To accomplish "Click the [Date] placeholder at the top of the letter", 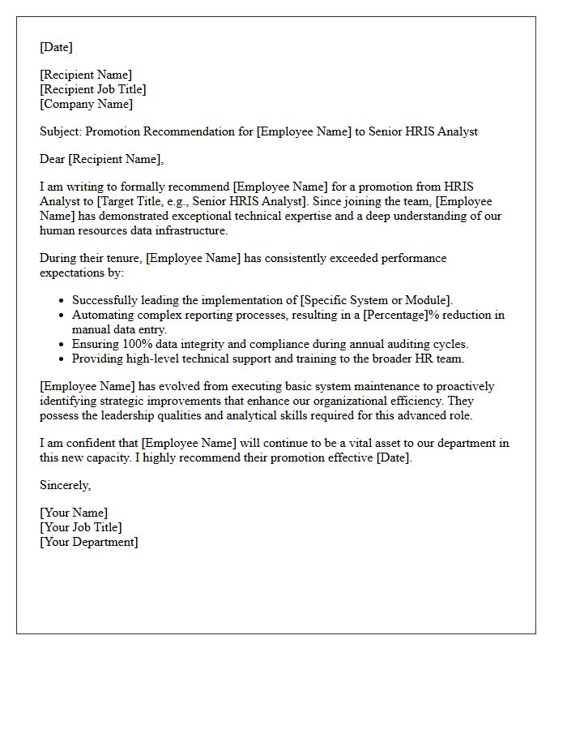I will pos(56,47).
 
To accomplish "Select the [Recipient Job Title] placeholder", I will pos(93,89).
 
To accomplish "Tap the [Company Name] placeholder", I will pos(86,104).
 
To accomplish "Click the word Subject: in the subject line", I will pos(61,131).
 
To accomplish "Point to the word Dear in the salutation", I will pos(52,159).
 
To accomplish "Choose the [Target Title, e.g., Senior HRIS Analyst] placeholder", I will pos(198,201).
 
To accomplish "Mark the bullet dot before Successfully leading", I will pos(62,301).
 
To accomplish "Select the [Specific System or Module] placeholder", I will pos(376,300).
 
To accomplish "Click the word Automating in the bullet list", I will pos(101,315).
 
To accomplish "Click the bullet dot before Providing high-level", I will pos(62,359).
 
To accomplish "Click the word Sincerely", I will pos(65,485).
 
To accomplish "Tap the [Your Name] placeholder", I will pos(74,513).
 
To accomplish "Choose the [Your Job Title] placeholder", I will pos(81,527).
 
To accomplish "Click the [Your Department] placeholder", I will pos(89,542).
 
